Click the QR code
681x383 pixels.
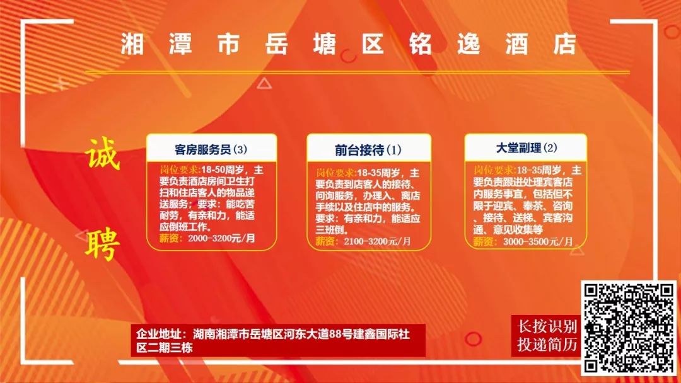point(629,328)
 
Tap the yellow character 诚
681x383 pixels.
point(103,154)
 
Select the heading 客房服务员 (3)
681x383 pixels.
point(211,150)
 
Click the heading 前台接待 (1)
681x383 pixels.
point(368,150)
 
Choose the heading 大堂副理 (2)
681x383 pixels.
point(526,148)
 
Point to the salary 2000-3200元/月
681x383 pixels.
point(221,238)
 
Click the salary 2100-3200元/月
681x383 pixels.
point(377,241)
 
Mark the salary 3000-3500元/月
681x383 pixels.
point(538,241)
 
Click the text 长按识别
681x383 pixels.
point(547,326)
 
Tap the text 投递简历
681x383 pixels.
point(547,345)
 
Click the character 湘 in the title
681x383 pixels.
point(132,44)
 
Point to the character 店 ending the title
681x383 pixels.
point(564,44)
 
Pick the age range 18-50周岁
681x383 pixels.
point(222,170)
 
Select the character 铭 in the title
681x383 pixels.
point(421,44)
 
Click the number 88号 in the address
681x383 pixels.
point(340,334)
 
